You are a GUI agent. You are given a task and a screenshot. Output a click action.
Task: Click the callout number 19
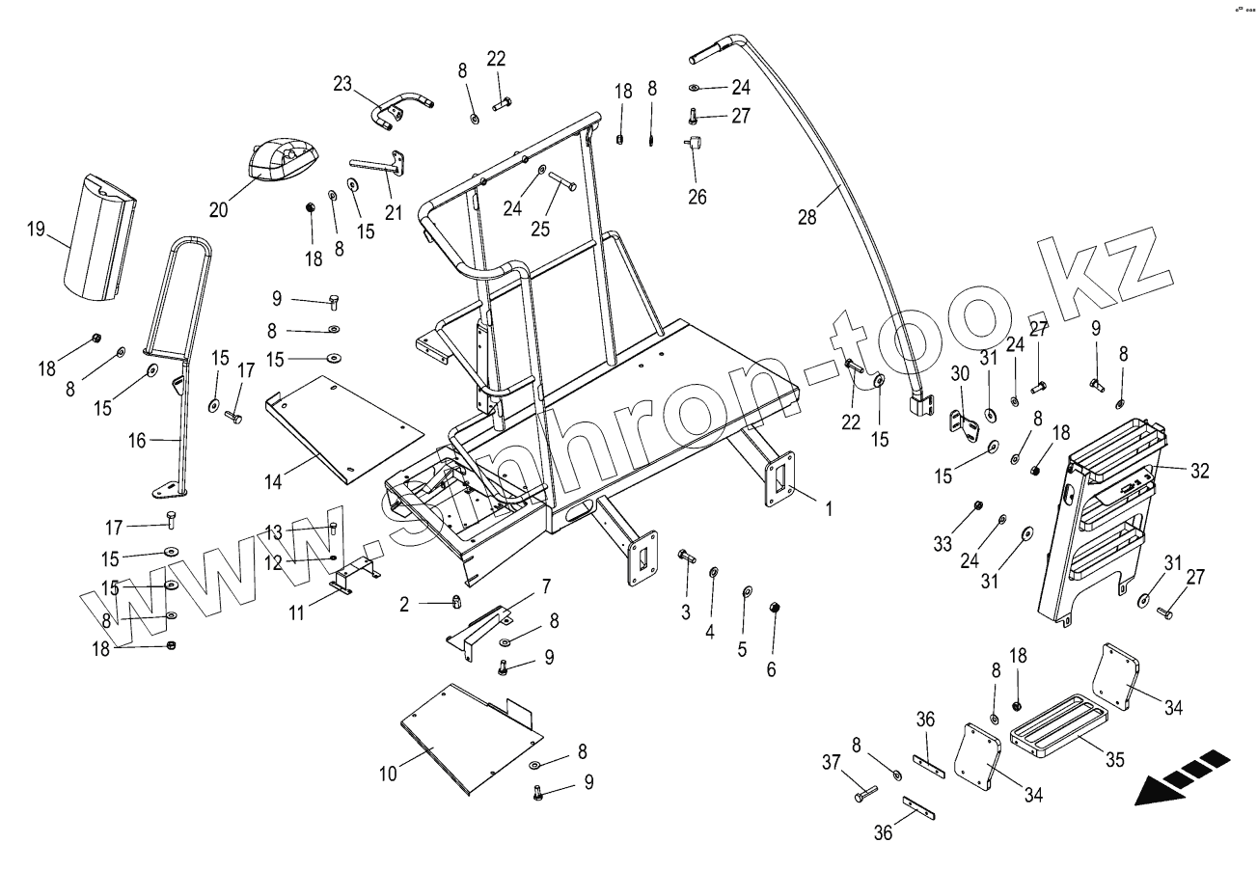pos(36,229)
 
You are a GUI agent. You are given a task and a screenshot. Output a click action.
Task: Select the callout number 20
pos(219,210)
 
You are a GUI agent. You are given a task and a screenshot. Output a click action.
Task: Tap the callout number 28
pos(806,217)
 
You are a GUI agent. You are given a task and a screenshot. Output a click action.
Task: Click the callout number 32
pos(1199,472)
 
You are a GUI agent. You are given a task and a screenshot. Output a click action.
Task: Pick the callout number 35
pos(1114,760)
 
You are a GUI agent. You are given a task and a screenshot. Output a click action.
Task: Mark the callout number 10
pos(389,773)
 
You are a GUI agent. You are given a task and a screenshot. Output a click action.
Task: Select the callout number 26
pos(697,197)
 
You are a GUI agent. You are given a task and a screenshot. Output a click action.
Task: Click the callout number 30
pos(960,373)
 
